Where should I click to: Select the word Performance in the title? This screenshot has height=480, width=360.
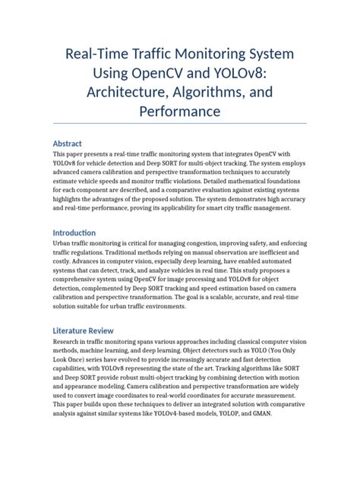pos(180,112)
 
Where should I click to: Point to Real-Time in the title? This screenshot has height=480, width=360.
pos(99,55)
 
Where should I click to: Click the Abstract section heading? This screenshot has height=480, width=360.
pos(71,143)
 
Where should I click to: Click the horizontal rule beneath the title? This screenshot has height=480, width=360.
pos(180,123)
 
